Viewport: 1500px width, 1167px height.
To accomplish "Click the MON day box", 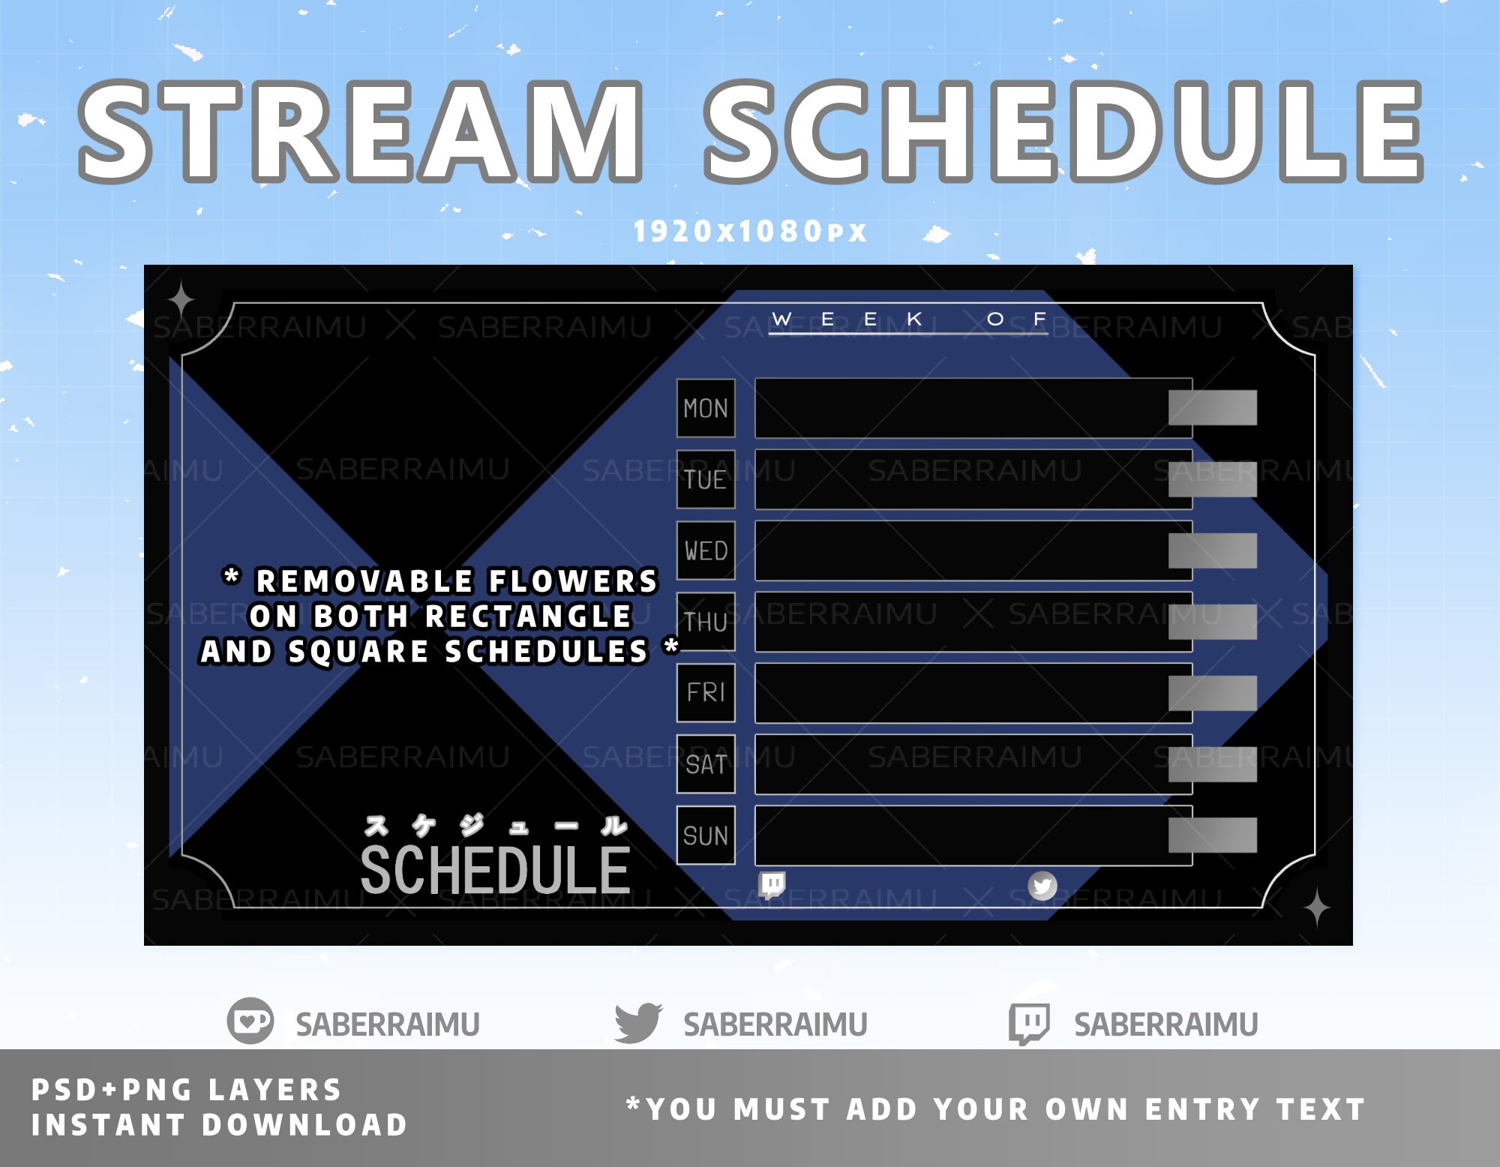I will [x=706, y=408].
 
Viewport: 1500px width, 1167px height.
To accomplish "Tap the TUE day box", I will [x=706, y=479].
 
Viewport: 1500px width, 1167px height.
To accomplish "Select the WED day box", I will [x=706, y=550].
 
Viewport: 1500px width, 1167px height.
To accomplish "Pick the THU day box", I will [x=706, y=622].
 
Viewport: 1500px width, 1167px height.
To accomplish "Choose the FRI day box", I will [x=706, y=692].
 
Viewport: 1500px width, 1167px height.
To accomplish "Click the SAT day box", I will [x=706, y=764].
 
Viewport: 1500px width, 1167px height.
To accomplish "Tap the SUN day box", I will [x=706, y=835].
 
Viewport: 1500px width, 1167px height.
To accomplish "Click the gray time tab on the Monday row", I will [x=1212, y=408].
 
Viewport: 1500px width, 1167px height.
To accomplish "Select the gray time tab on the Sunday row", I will [x=1212, y=835].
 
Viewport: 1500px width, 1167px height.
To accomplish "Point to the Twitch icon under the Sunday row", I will [x=772, y=884].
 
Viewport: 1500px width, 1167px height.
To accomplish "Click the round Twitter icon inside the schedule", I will [x=1042, y=886].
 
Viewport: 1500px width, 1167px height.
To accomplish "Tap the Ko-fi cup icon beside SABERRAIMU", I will [x=250, y=1021].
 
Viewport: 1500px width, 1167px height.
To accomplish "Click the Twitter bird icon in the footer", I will [x=637, y=1022].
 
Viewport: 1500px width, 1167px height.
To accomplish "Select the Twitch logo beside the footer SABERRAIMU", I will [x=1029, y=1023].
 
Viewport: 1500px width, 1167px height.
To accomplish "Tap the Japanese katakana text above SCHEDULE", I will [x=495, y=826].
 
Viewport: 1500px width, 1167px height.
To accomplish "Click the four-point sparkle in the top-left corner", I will [x=181, y=301].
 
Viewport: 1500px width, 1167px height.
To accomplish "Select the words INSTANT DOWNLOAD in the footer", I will [x=219, y=1125].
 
